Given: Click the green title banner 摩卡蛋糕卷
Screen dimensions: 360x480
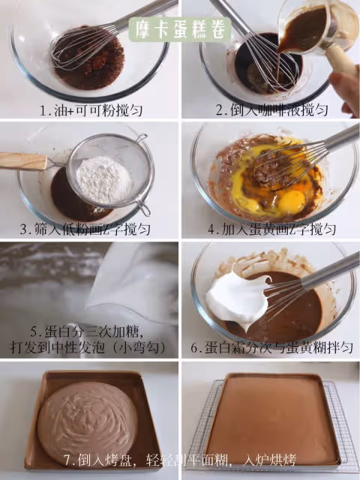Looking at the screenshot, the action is [180, 29].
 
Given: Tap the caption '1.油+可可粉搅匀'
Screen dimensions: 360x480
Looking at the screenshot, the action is [91, 110].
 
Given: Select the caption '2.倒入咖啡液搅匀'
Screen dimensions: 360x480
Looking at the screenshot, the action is [272, 110].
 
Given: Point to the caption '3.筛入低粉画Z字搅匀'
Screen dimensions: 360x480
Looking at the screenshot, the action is [85, 229].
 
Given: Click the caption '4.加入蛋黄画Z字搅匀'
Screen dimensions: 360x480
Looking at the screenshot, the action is [271, 229].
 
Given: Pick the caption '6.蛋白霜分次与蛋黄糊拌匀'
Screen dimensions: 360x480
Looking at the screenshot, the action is [272, 348].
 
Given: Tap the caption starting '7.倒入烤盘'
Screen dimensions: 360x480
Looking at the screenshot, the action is [180, 460].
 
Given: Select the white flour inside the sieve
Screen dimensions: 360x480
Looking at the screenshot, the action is [104, 179].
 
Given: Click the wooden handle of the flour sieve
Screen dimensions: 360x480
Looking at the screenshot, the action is [24, 161].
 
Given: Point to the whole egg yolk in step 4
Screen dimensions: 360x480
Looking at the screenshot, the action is [292, 202].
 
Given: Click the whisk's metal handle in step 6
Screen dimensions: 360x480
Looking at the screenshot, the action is [331, 271].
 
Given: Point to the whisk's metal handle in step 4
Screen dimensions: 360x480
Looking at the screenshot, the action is [340, 137].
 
